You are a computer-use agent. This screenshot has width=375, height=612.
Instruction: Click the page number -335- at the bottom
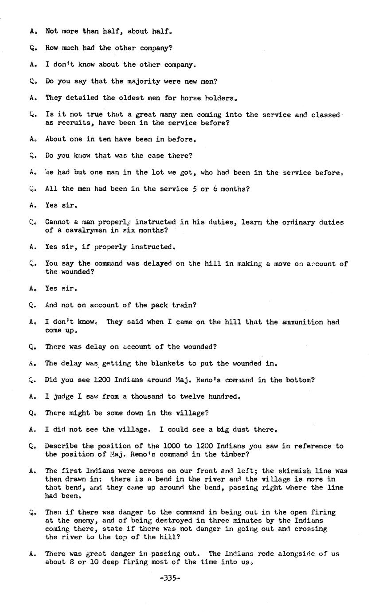click(x=170, y=578)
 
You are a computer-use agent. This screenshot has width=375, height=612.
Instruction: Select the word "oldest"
click(x=136, y=98)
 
